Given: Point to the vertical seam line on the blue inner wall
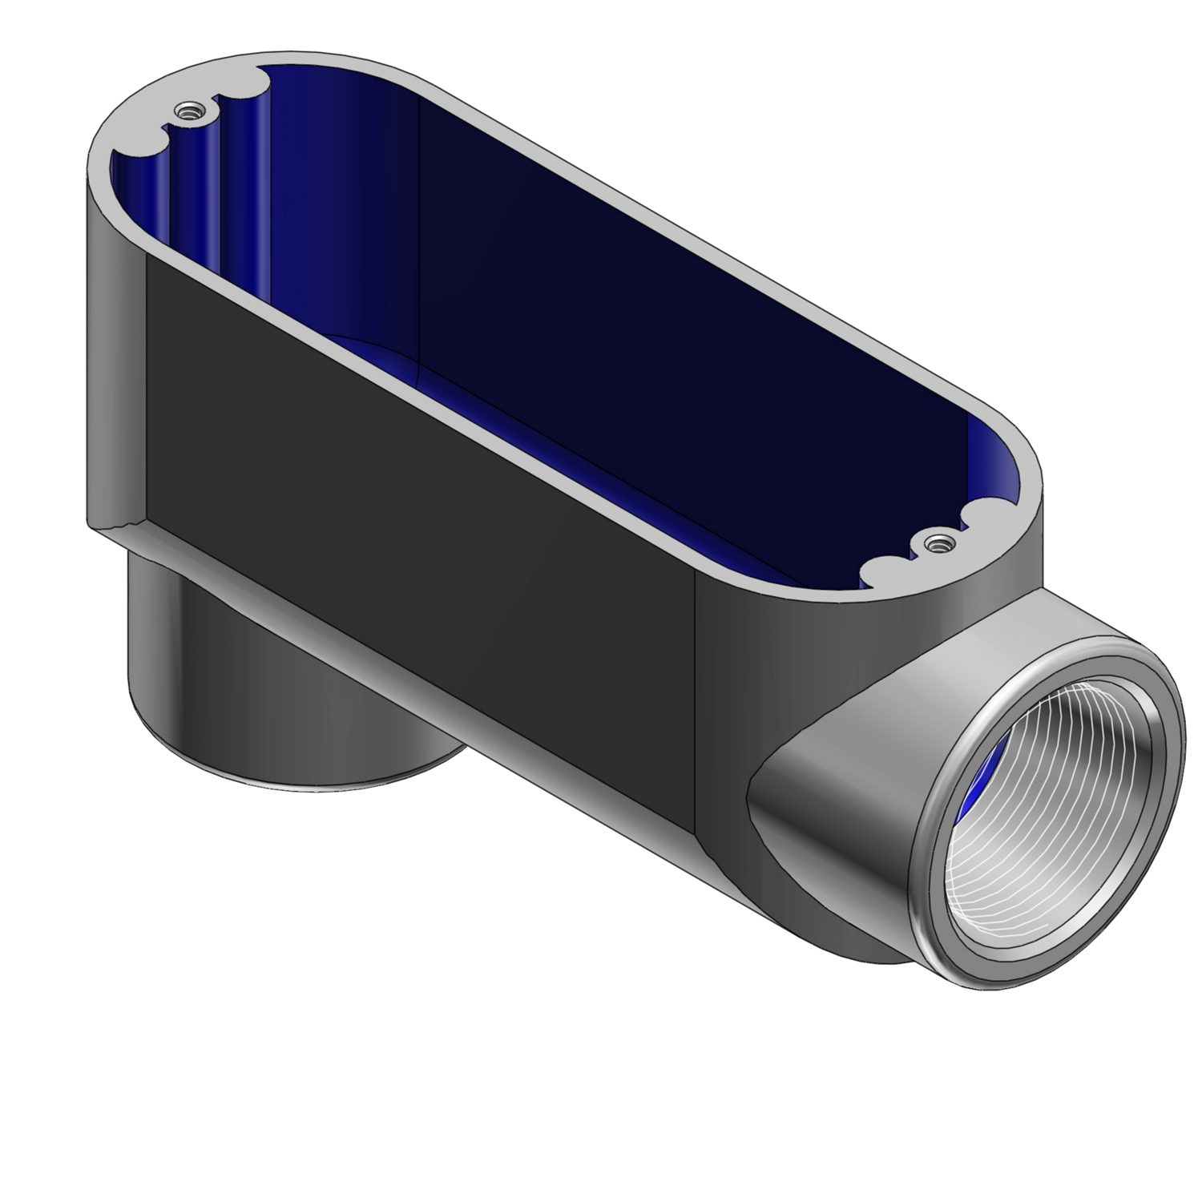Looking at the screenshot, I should [420, 240].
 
